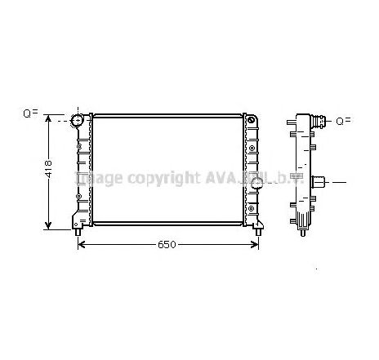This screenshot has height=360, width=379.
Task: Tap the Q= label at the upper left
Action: pyautogui.click(x=30, y=113)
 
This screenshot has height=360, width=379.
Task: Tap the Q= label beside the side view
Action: pyautogui.click(x=344, y=121)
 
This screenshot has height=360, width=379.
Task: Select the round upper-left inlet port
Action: pyautogui.click(x=79, y=122)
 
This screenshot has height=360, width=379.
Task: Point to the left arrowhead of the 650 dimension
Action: pyautogui.click(x=82, y=244)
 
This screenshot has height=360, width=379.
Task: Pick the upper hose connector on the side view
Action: pyautogui.click(x=323, y=122)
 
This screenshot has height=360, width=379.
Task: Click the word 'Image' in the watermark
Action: pyautogui.click(x=98, y=177)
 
